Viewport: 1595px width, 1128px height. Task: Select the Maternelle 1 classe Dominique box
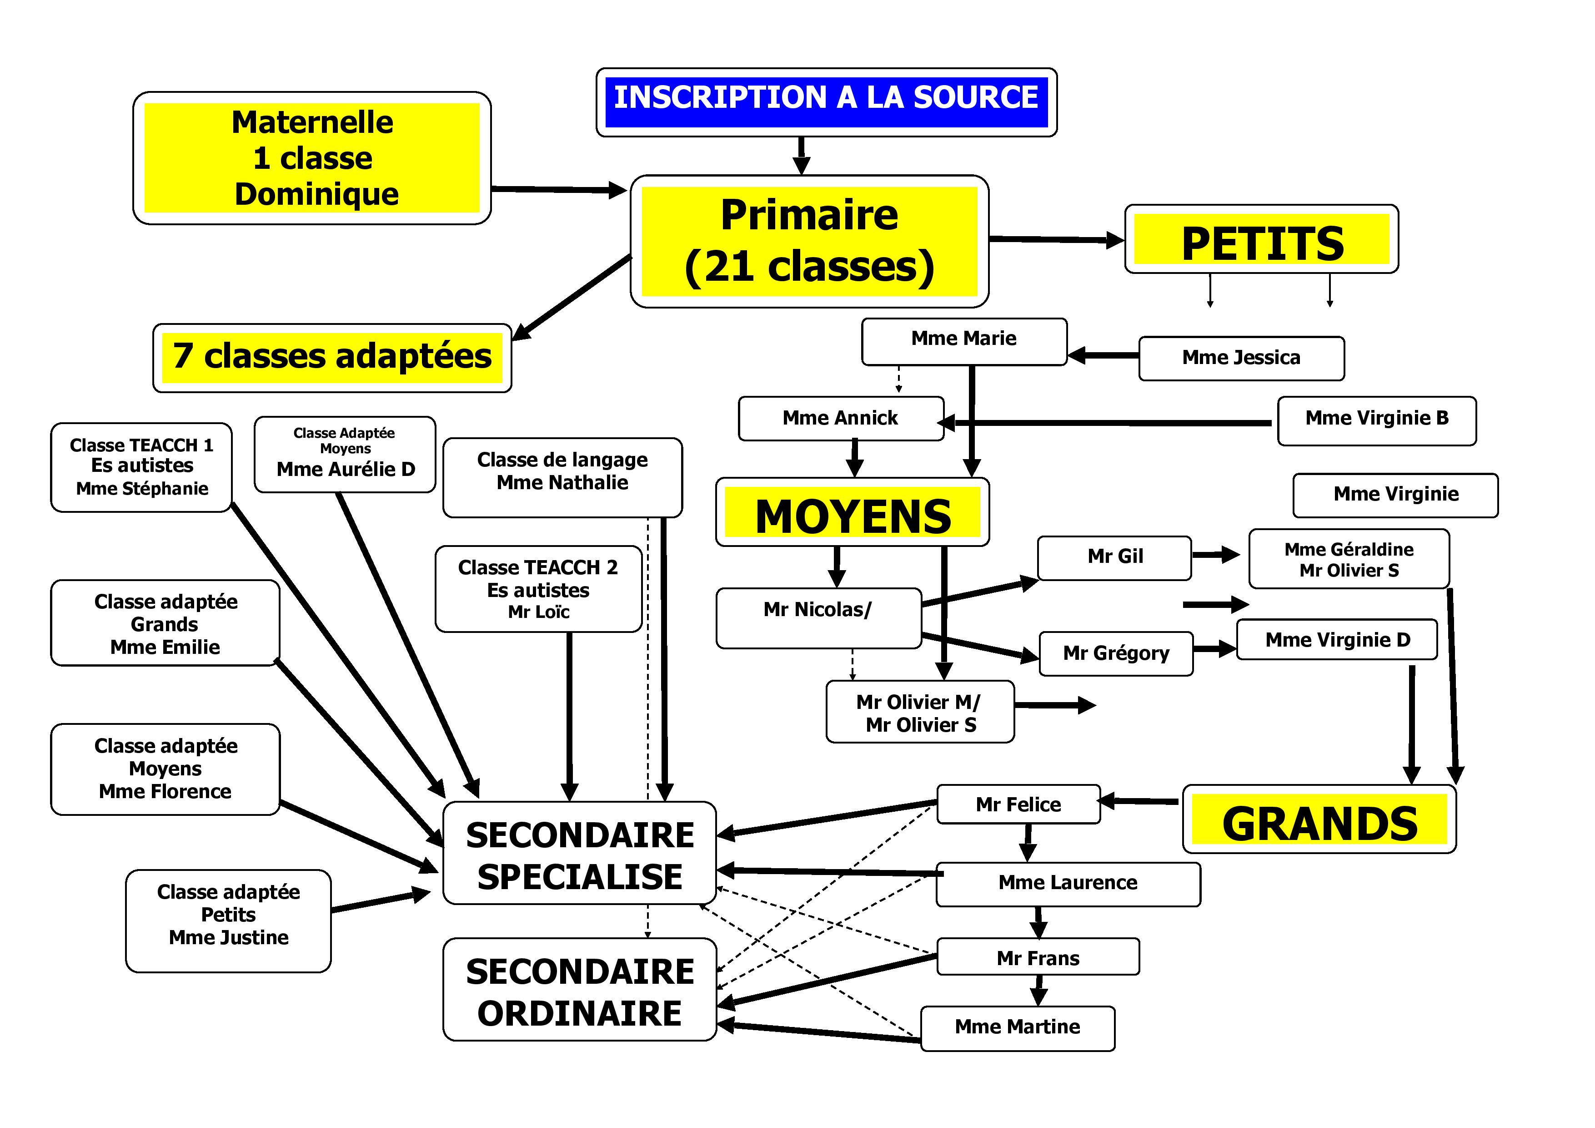pos(312,158)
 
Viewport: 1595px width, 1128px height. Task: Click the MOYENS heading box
pos(853,512)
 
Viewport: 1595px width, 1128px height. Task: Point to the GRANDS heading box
pos(1319,819)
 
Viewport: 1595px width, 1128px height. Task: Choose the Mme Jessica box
pos(1241,358)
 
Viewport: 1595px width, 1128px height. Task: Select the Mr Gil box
pos(1114,556)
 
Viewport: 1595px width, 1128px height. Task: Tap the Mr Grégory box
pos(1116,653)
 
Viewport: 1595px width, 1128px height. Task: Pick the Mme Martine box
pos(1017,1027)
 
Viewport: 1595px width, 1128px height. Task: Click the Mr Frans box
pos(1038,958)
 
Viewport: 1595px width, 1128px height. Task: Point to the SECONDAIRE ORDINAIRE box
pos(579,990)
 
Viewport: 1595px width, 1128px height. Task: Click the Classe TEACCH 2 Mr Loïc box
pos(538,589)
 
